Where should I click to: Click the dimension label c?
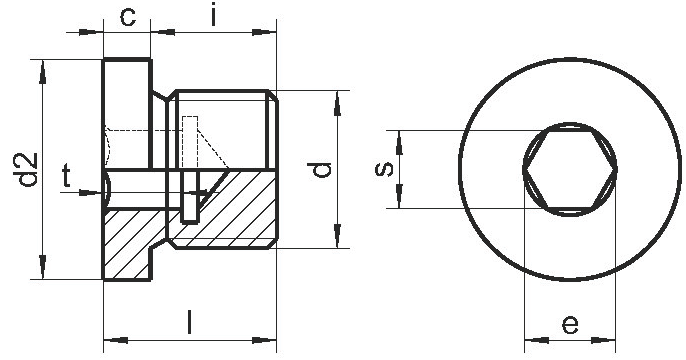[x=128, y=17]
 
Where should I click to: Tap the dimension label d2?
[x=28, y=169]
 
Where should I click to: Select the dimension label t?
[x=66, y=175]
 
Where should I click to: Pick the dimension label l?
[x=189, y=322]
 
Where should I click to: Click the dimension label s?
[x=385, y=169]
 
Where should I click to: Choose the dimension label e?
[x=570, y=325]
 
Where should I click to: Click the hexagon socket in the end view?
[x=570, y=169]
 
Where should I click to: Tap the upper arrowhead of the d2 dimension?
[x=42, y=72]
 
